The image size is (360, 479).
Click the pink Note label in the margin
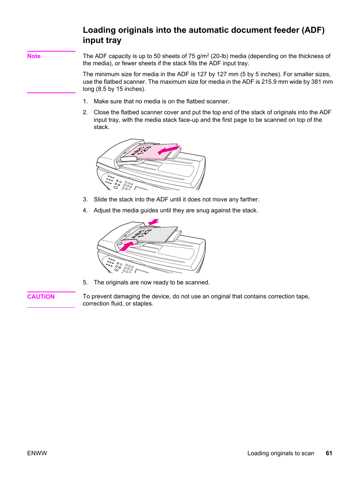click(34, 56)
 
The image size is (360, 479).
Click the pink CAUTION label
click(41, 297)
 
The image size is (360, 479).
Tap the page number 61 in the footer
click(329, 453)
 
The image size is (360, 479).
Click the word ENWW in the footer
click(37, 453)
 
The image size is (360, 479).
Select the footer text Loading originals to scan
click(280, 453)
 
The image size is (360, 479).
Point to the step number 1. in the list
click(85, 101)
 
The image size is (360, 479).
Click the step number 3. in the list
click(85, 200)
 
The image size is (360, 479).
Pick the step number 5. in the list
click(85, 282)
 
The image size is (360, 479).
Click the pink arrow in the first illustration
click(168, 150)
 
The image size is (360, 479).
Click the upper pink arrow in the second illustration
click(154, 222)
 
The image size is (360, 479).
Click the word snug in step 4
click(202, 210)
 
